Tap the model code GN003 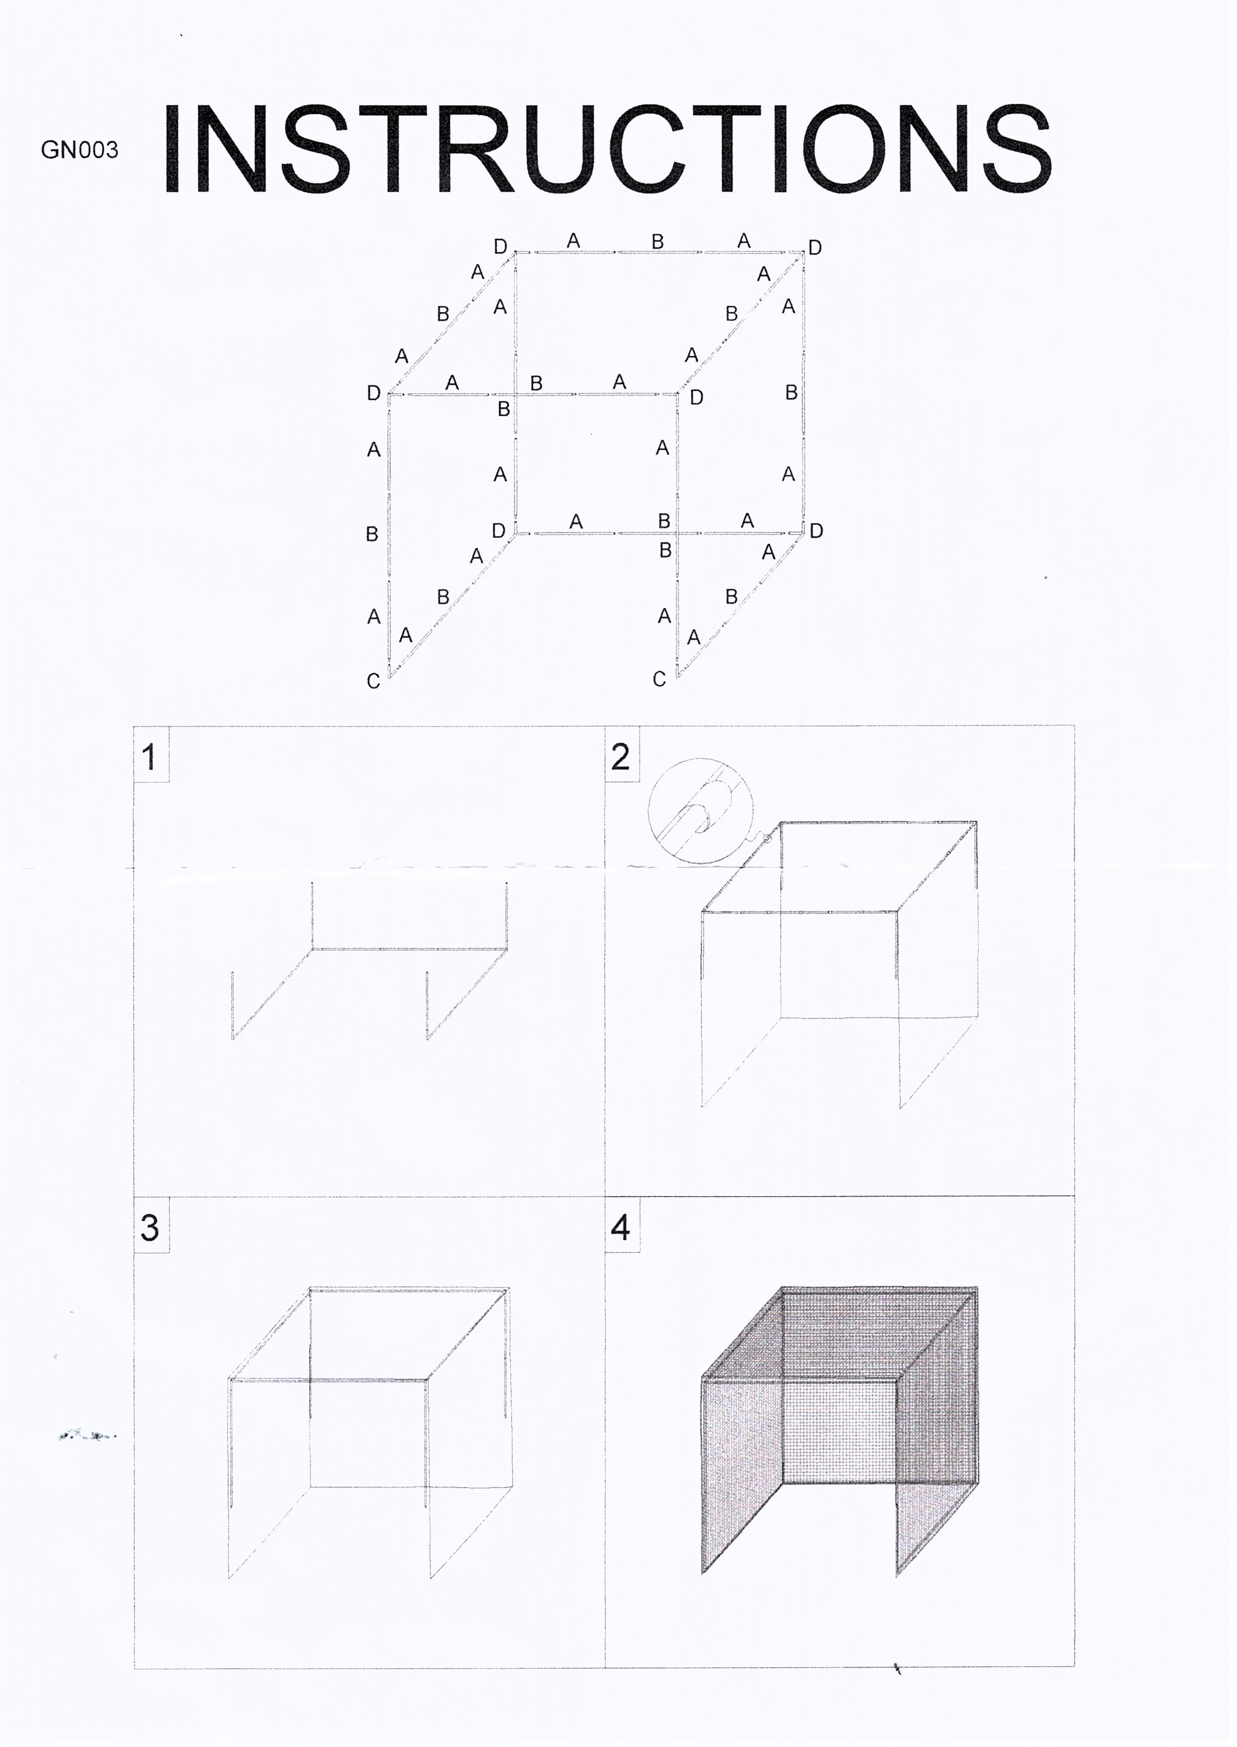pyautogui.click(x=80, y=150)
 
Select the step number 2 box pyautogui.click(x=621, y=756)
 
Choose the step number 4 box pyautogui.click(x=621, y=1227)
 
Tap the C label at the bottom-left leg pyautogui.click(x=373, y=681)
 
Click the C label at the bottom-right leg pyautogui.click(x=659, y=679)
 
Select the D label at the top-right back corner pyautogui.click(x=815, y=248)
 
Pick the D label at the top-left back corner pyautogui.click(x=500, y=246)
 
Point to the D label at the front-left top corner pyautogui.click(x=373, y=393)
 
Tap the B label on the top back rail pyautogui.click(x=657, y=242)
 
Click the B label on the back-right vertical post pyautogui.click(x=791, y=392)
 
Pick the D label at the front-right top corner pyautogui.click(x=696, y=397)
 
